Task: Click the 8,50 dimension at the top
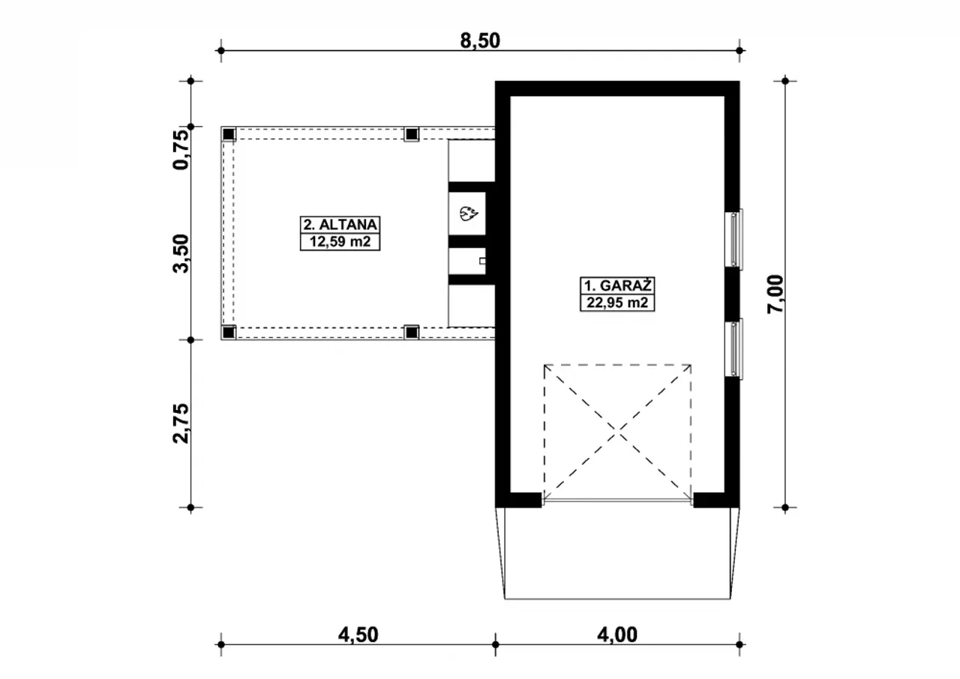[x=480, y=41]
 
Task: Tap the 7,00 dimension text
[x=775, y=294]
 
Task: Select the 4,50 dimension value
[x=358, y=635]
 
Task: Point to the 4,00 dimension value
[x=617, y=635]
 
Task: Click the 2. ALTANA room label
[x=340, y=224]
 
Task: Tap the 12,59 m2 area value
[x=340, y=242]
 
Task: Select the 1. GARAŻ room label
[x=617, y=286]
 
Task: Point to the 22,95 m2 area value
[x=617, y=303]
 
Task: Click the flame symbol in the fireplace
[x=468, y=213]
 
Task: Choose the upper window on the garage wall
[x=734, y=239]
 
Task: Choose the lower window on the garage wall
[x=734, y=349]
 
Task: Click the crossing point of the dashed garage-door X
[x=617, y=433]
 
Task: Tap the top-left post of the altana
[x=229, y=134]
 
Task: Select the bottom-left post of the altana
[x=229, y=332]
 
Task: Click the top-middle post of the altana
[x=412, y=134]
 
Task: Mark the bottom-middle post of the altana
[x=412, y=332]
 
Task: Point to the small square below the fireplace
[x=482, y=261]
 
